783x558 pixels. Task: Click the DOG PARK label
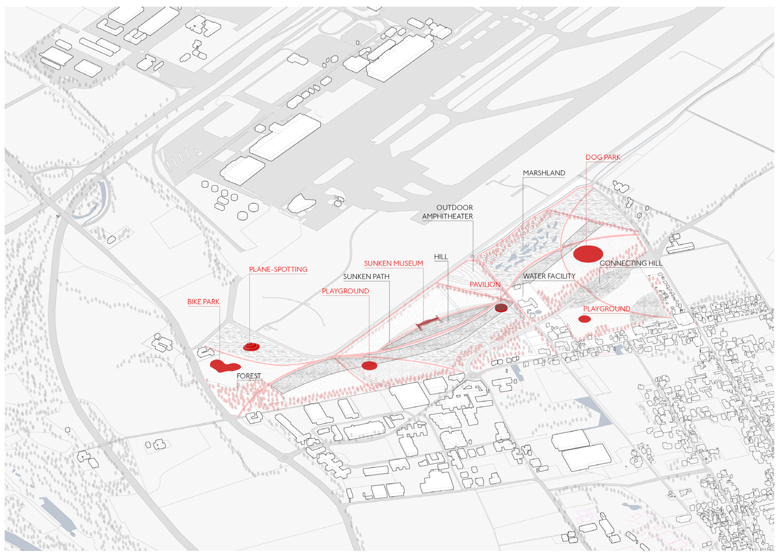point(603,157)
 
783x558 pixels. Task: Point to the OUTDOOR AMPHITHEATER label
point(447,212)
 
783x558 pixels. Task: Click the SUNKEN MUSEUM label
point(393,263)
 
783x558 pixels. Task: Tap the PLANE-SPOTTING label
point(278,269)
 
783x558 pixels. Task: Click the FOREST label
point(249,376)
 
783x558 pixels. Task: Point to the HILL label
point(441,257)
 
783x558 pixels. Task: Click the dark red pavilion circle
point(501,307)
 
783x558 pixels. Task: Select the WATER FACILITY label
point(549,276)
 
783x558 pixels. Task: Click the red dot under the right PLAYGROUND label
point(584,319)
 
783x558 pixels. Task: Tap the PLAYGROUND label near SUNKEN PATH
point(345,291)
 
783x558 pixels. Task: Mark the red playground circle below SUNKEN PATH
point(369,366)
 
